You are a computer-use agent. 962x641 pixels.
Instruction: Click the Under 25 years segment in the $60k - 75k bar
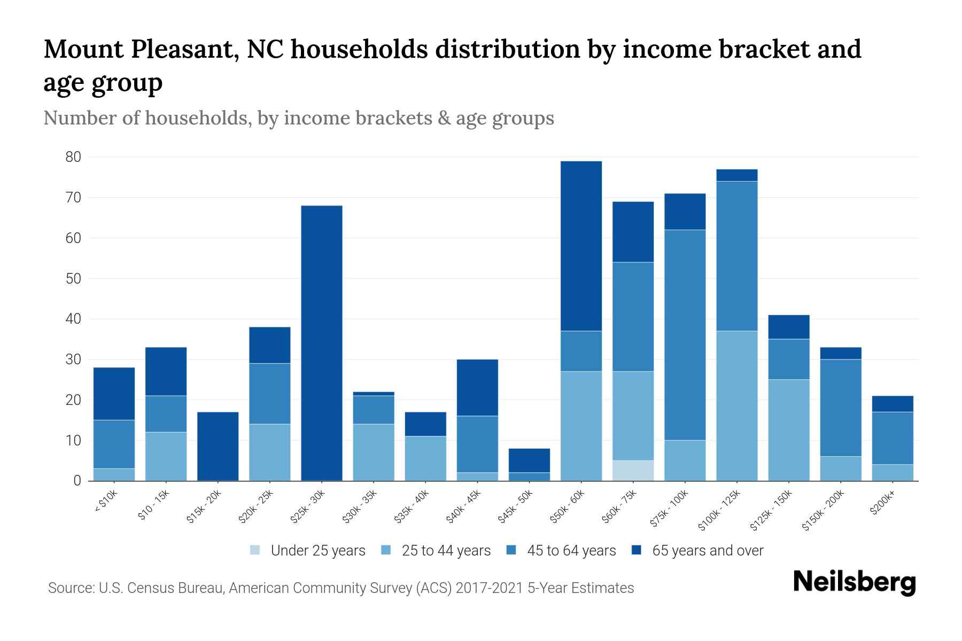633,470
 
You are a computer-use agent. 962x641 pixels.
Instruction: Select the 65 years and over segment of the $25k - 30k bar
322,342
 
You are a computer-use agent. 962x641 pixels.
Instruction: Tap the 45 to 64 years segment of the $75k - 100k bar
685,335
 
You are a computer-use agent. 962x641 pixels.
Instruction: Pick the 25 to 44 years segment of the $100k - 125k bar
736,406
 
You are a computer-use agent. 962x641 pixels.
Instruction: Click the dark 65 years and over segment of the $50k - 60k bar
581,246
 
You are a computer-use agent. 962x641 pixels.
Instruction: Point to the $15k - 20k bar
218,446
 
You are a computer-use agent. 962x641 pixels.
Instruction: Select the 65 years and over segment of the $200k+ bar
892,404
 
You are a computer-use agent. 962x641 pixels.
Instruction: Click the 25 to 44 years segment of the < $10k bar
114,474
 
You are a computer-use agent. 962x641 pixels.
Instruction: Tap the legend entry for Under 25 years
308,550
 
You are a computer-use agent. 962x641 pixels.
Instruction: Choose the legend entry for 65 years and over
697,550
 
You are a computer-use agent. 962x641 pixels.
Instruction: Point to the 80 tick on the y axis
73,157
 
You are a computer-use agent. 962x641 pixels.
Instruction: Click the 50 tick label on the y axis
73,278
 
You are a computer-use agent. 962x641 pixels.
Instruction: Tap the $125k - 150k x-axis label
771,510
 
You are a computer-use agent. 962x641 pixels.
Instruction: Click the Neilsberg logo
854,582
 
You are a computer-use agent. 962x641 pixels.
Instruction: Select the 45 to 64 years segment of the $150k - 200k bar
840,408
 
